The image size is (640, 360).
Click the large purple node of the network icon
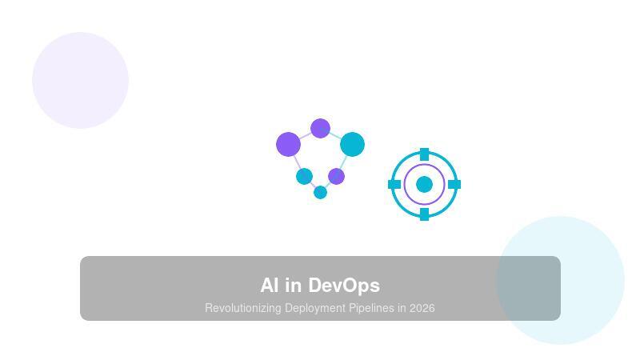pyautogui.click(x=288, y=145)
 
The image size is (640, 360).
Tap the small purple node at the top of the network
pyautogui.click(x=320, y=128)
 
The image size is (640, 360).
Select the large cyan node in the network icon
pyautogui.click(x=352, y=145)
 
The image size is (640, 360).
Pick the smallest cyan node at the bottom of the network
pyautogui.click(x=320, y=192)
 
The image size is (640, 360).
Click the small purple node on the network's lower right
pyautogui.click(x=336, y=176)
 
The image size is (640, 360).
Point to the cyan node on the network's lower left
pyautogui.click(x=304, y=176)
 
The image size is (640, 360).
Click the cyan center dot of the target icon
pyautogui.click(x=424, y=184)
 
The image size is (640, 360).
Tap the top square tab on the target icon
pyautogui.click(x=424, y=154)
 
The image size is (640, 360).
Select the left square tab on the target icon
pyautogui.click(x=394, y=184)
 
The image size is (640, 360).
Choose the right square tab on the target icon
pyautogui.click(x=454, y=184)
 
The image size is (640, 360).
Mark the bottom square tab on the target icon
pyautogui.click(x=424, y=214)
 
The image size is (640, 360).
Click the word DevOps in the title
pyautogui.click(x=344, y=286)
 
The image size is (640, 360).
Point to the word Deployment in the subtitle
pyautogui.click(x=315, y=308)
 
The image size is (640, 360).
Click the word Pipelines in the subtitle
pyautogui.click(x=371, y=308)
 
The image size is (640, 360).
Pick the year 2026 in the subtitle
pyautogui.click(x=422, y=308)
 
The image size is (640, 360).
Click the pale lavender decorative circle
pyautogui.click(x=80, y=80)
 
